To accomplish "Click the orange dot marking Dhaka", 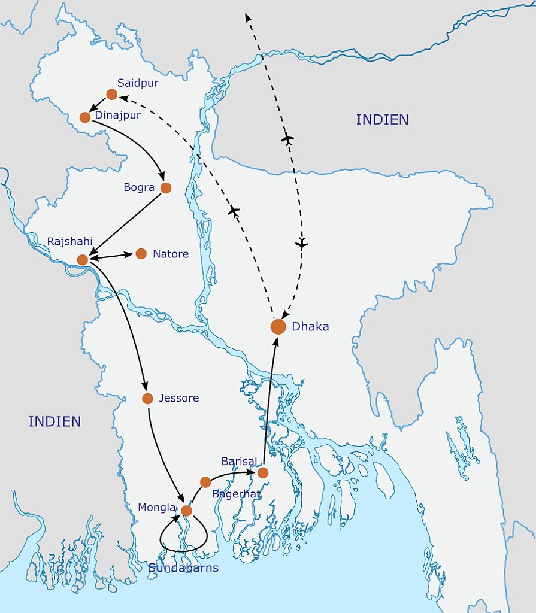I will coord(278,326).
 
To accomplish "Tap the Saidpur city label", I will coord(138,83).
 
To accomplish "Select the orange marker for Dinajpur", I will coord(85,117).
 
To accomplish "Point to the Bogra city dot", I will coord(166,188).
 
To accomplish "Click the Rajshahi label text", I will coord(70,242).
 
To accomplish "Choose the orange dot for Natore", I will coord(141,254).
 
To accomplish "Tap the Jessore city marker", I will coord(147,399).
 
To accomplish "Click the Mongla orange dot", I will coord(186,511).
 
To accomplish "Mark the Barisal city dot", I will coord(262,473).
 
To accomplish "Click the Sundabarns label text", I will coord(183,568).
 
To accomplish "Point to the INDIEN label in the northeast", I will coord(382,119).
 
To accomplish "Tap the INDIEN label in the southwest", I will coord(54,421).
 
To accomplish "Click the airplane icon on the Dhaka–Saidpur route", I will coord(234,211).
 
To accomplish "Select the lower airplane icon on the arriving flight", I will coord(302,244).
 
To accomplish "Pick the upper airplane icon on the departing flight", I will coord(287,139).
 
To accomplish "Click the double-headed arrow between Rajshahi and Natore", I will coord(111,256).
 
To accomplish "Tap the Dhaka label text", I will coord(310,327).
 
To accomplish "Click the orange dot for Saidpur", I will coord(111,94).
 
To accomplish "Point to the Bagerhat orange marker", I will coord(205,482).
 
